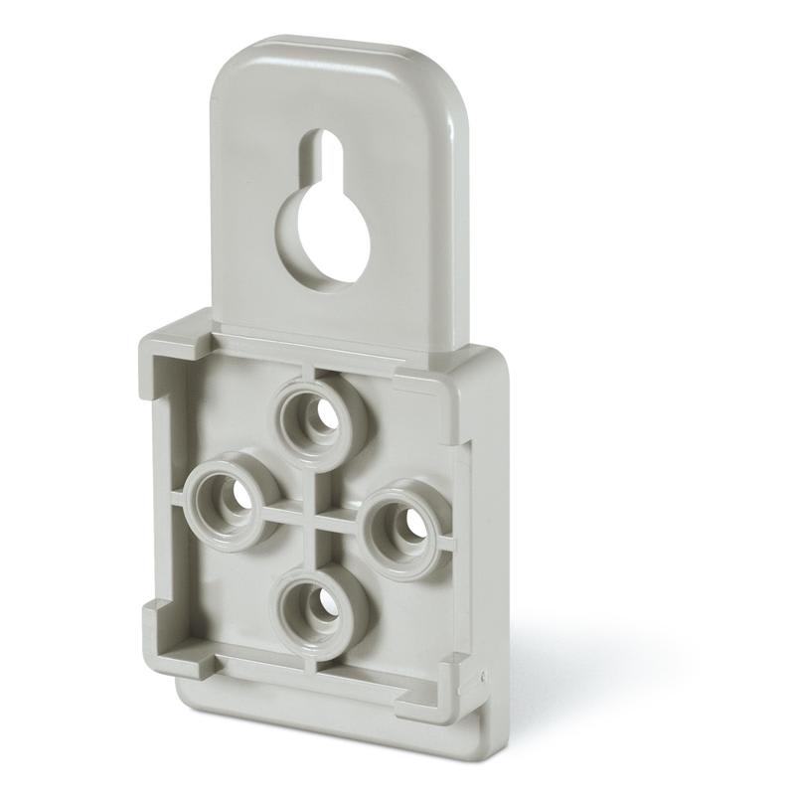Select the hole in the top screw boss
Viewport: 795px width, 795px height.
pyautogui.click(x=318, y=418)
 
